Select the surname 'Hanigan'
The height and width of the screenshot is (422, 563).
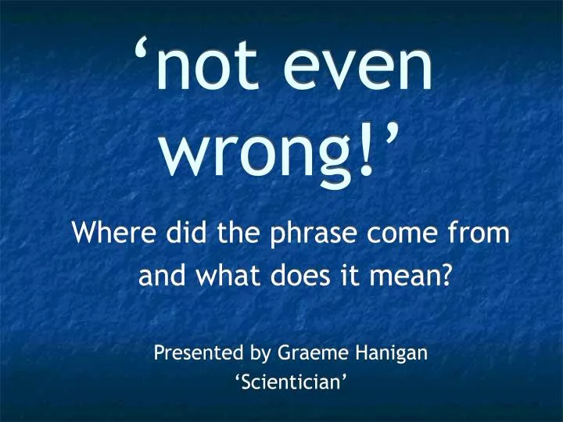[392, 353]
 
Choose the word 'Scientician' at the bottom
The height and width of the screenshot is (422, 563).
[291, 381]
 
